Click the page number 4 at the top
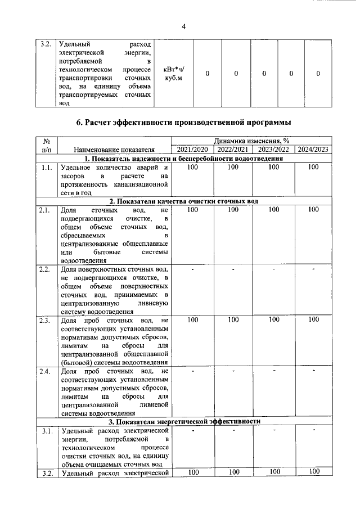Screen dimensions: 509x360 coord(183,26)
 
